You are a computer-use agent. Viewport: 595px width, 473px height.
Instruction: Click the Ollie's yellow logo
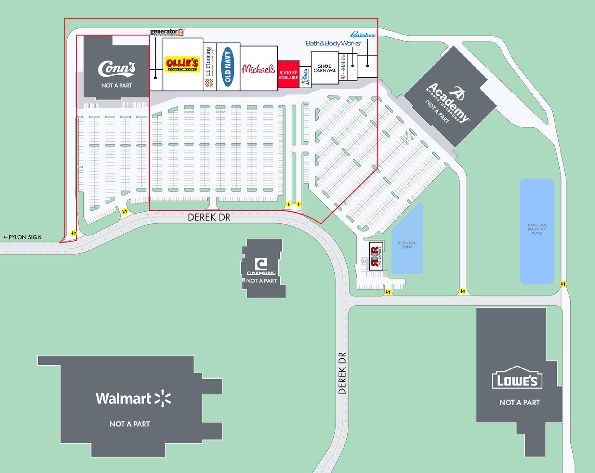(182, 64)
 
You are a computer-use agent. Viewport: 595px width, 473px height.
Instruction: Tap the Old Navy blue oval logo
(228, 66)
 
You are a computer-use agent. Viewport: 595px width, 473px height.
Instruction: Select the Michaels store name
(258, 69)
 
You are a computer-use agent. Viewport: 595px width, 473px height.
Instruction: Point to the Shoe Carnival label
(325, 68)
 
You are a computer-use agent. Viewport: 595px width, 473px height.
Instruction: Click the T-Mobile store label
(343, 67)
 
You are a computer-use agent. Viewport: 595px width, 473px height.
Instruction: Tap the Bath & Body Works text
(333, 43)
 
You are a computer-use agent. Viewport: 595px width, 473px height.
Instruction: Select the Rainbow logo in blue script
(363, 35)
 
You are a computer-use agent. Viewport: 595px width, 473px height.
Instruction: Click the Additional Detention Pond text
(537, 229)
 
